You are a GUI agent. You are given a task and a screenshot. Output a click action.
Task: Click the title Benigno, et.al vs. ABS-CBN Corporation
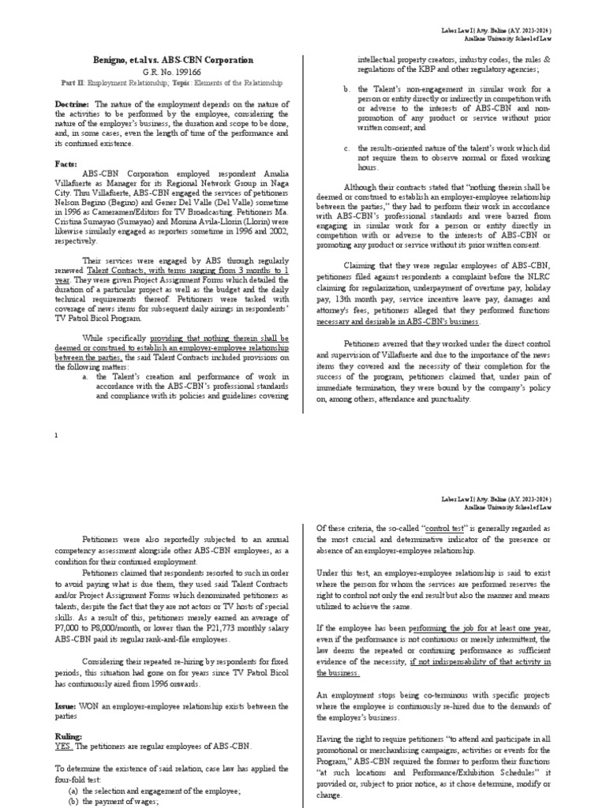(x=173, y=60)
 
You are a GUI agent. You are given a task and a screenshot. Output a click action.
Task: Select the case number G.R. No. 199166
(x=173, y=72)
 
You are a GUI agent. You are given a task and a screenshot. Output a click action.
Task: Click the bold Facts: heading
(x=67, y=163)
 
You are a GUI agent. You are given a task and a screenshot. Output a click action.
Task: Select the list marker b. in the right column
(x=346, y=89)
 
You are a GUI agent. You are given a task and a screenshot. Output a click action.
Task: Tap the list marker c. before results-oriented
(x=346, y=148)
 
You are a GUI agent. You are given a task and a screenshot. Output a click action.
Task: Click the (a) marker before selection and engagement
(x=74, y=791)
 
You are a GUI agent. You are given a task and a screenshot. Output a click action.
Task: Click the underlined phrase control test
(x=425, y=528)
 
